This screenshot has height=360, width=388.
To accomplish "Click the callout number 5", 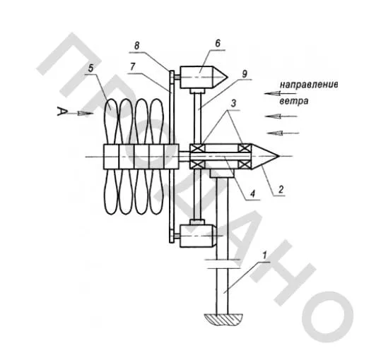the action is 91,68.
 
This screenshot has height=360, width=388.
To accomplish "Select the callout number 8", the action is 137,45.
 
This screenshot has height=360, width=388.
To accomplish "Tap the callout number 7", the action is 133,67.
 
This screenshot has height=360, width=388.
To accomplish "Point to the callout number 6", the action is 218,43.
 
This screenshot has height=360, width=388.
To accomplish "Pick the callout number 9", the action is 245,74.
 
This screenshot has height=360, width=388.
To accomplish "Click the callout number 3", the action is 233,104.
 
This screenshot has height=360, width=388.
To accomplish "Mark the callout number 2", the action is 281,189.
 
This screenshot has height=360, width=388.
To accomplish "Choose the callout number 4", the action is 252,193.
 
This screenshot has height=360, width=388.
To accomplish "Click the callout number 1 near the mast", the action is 264,256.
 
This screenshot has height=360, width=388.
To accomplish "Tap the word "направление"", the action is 309,85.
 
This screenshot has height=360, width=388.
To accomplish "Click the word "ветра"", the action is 294,101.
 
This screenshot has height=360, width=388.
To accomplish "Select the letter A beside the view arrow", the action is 62,112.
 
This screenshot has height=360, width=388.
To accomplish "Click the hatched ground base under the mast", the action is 223,320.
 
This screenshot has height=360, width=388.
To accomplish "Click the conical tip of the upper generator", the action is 221,77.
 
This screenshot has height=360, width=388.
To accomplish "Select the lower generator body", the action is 198,236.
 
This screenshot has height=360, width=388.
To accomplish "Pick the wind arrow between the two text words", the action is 280,94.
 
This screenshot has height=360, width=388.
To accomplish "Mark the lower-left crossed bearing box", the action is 197,164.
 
